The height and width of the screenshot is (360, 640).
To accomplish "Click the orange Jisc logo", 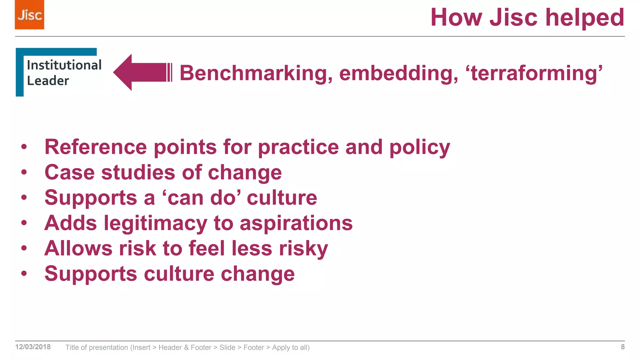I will (29, 15).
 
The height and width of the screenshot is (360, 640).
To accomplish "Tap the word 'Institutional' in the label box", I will (64, 65).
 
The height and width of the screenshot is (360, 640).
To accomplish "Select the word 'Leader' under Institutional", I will (48, 81).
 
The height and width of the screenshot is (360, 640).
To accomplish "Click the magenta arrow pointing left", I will (141, 72).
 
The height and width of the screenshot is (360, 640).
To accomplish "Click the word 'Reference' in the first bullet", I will (96, 147).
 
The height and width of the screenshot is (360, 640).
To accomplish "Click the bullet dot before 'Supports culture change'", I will (24, 274).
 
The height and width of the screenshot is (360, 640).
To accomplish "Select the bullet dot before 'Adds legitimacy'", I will (24, 223).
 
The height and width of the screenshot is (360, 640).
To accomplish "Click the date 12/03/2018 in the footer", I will (33, 347).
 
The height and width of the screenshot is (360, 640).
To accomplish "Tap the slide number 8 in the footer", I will (622, 347).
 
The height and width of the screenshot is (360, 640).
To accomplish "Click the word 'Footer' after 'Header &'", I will (201, 347).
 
